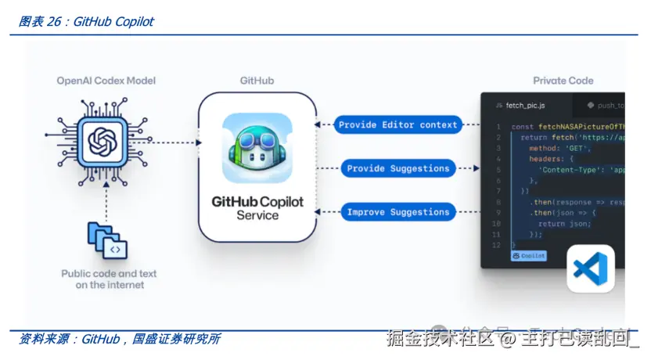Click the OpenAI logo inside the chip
coord(102,142)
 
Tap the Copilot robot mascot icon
coord(257,148)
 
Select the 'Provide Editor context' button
coord(397,124)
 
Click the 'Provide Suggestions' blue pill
coord(397,168)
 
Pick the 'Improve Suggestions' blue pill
coord(397,212)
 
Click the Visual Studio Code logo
coord(590,268)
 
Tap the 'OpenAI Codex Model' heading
coord(106,81)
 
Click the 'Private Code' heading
coord(563,81)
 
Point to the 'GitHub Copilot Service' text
coord(257,208)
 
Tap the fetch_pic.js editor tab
coord(525,105)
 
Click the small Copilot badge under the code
coord(528,256)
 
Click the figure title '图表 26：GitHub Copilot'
coord(86,22)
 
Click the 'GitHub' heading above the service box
coord(257,81)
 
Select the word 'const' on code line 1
coord(523,126)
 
